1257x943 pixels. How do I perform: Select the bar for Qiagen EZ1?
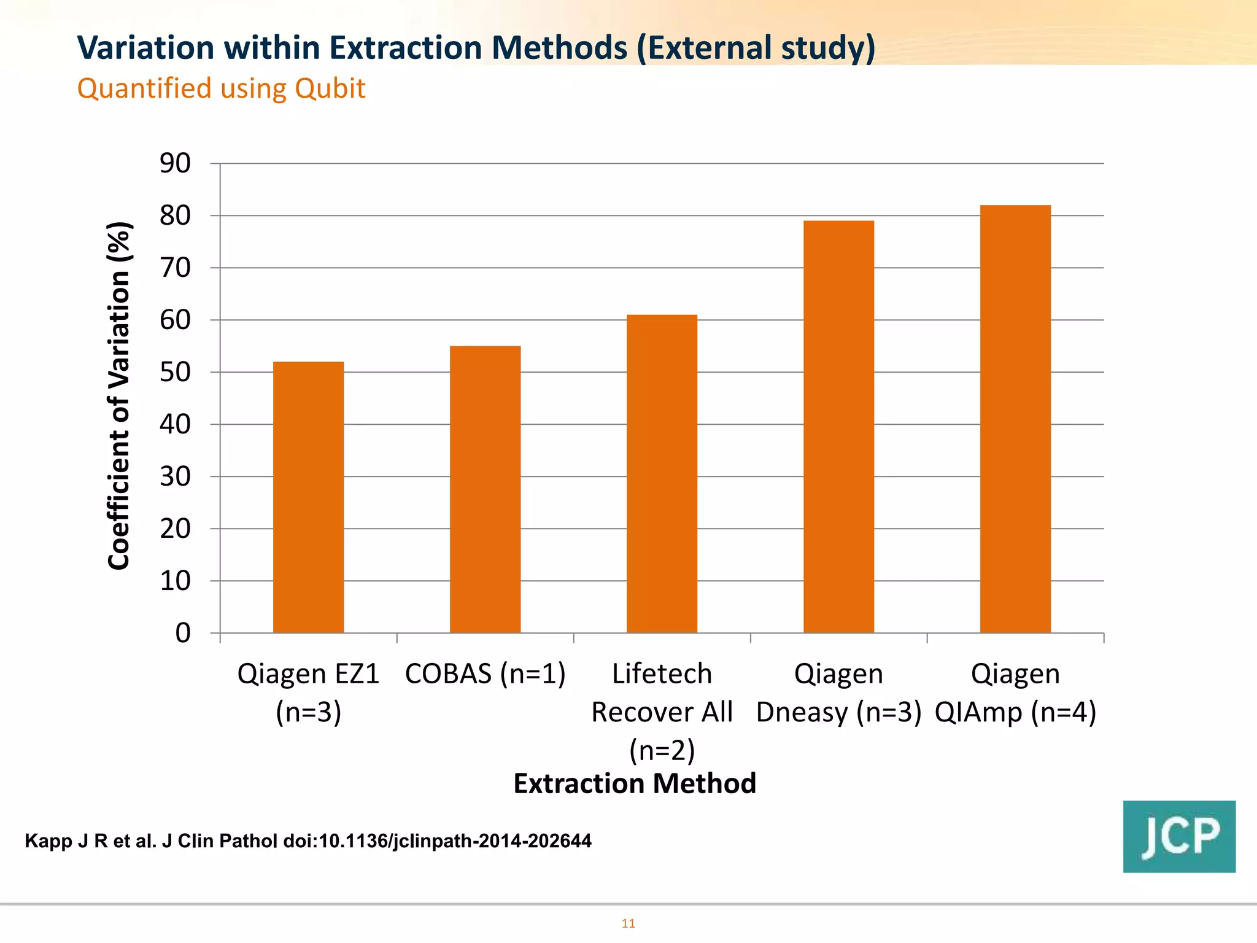point(308,497)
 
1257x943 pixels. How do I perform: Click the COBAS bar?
point(485,489)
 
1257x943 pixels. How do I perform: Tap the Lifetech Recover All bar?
point(662,473)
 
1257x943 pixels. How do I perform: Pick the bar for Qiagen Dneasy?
point(838,427)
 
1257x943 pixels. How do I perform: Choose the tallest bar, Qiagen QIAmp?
point(1015,419)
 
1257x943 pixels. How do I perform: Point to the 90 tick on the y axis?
point(175,163)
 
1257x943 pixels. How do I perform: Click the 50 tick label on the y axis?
point(175,372)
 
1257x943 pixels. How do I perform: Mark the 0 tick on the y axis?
point(183,633)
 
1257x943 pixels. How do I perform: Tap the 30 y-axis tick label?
point(175,476)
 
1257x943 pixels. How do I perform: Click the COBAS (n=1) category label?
point(485,674)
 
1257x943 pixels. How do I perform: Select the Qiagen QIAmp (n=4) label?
point(1015,693)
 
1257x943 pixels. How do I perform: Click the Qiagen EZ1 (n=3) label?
point(308,693)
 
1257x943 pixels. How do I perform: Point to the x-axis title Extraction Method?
point(635,783)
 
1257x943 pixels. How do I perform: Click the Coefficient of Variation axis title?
point(119,396)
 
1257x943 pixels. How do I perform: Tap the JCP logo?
point(1179,836)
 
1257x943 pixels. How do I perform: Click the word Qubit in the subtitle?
point(330,88)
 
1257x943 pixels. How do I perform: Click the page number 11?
point(628,923)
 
